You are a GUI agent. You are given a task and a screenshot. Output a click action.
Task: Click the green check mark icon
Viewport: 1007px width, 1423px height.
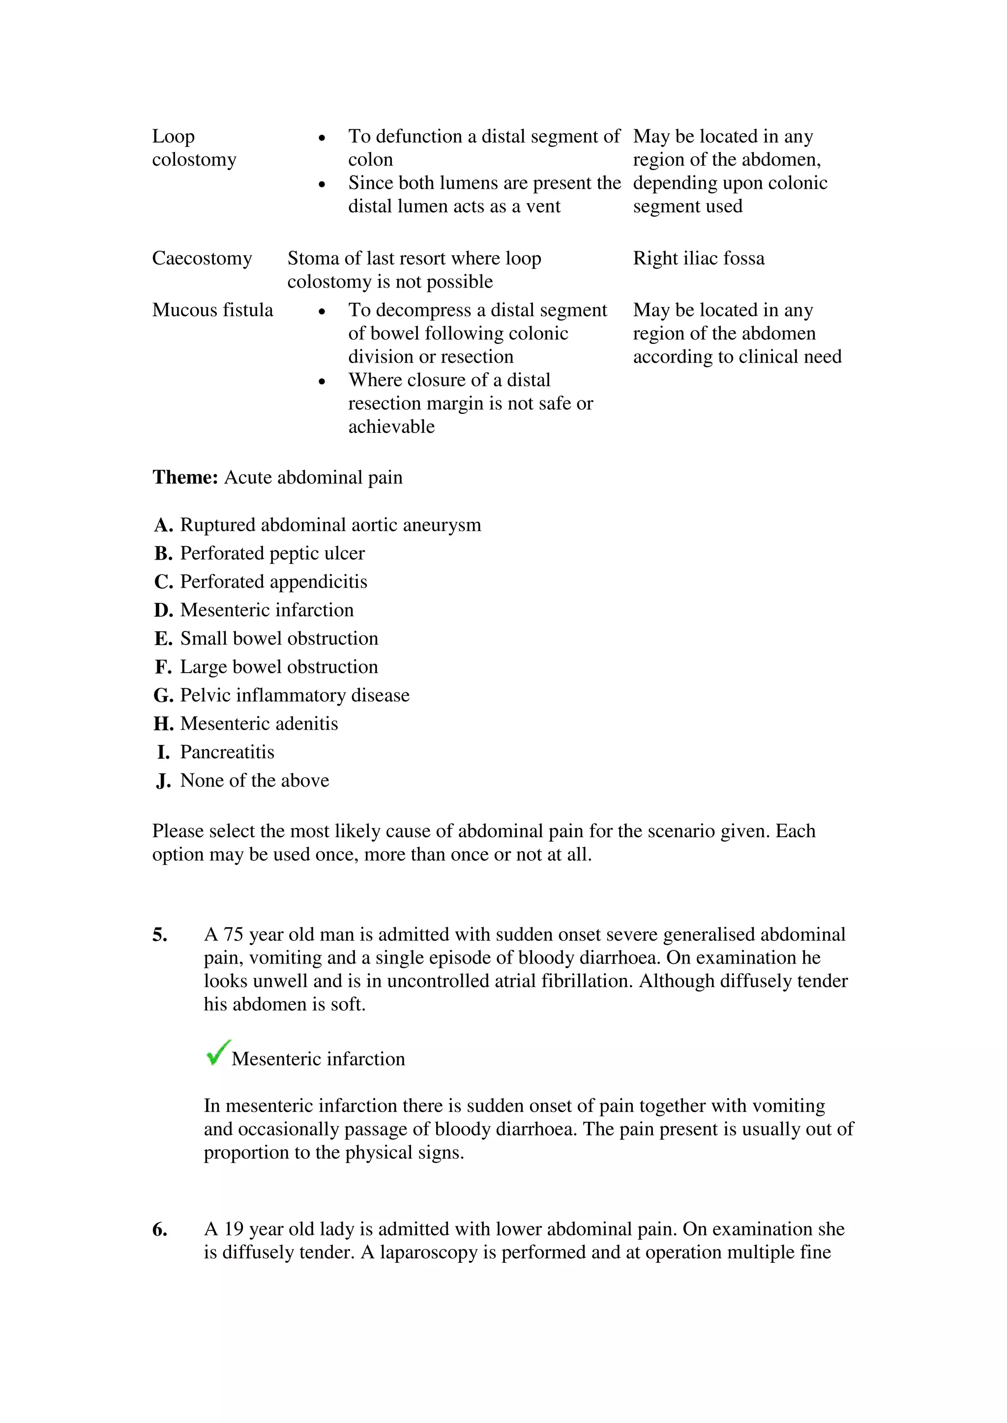pos(218,1053)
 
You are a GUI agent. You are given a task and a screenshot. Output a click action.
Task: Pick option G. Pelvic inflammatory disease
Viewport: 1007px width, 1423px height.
pos(282,695)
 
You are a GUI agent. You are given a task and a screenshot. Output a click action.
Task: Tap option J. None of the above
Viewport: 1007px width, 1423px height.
pos(242,781)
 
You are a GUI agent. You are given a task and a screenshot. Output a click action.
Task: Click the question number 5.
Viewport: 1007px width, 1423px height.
pos(159,935)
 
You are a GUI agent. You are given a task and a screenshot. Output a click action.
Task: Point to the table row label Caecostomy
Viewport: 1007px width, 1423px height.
pos(202,258)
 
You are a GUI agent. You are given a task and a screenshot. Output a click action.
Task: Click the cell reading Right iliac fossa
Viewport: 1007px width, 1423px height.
pos(698,258)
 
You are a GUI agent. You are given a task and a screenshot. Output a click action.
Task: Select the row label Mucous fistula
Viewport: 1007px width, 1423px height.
pos(213,310)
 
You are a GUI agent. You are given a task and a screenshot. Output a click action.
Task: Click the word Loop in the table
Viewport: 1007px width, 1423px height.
pos(174,136)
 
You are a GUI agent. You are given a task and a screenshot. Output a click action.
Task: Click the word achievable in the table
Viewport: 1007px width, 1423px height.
pos(391,427)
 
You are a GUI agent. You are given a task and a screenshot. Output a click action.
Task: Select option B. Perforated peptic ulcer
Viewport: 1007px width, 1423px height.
pos(259,553)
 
